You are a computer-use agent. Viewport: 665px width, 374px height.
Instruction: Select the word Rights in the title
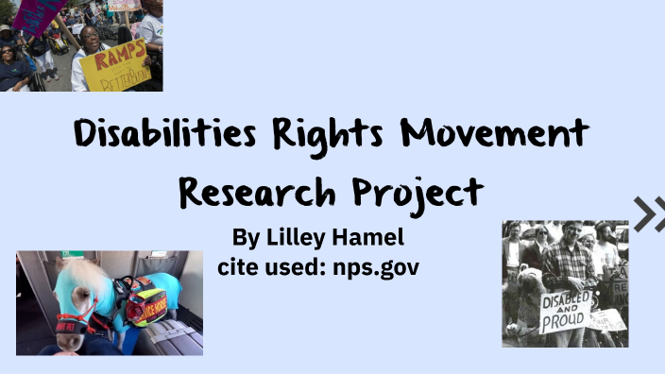[x=332, y=135]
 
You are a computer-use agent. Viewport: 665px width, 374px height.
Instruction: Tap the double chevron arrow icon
[x=648, y=213]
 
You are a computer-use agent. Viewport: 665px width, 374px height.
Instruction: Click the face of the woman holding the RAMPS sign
[x=91, y=39]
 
